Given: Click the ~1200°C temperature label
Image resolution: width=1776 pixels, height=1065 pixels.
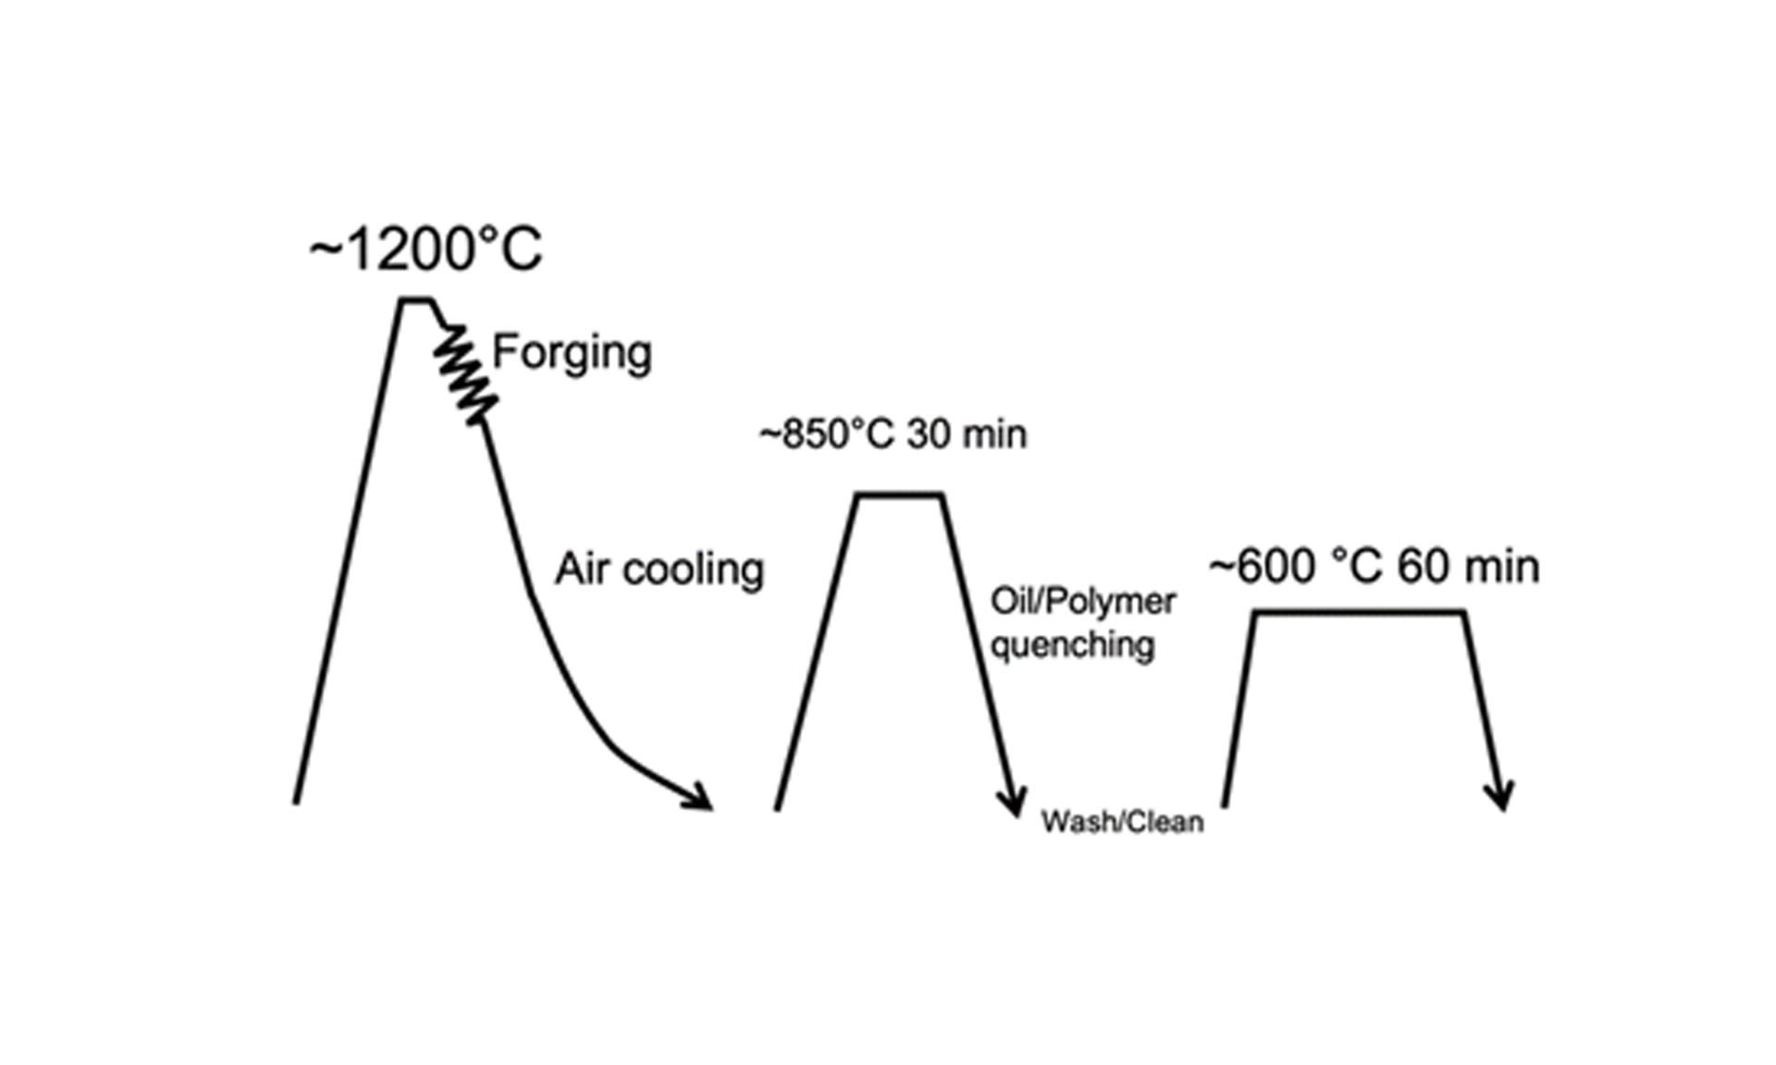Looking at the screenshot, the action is pyautogui.click(x=425, y=250).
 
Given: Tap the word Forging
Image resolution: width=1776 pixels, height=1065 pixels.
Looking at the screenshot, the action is pyautogui.click(x=572, y=353).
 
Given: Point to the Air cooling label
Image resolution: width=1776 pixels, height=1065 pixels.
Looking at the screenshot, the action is pyautogui.click(x=660, y=569).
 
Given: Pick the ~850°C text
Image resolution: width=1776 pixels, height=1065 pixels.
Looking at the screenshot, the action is pyautogui.click(x=828, y=435).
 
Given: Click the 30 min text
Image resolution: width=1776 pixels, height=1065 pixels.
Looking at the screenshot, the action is pyautogui.click(x=967, y=435).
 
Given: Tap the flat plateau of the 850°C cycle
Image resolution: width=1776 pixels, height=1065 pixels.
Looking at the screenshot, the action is pyautogui.click(x=899, y=496).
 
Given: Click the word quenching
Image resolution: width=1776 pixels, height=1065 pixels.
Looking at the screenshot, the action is pyautogui.click(x=1073, y=644).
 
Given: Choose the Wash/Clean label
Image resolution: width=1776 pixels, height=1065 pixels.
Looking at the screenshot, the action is pyautogui.click(x=1123, y=822).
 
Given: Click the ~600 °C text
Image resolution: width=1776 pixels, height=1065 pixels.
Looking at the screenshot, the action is pyautogui.click(x=1298, y=567).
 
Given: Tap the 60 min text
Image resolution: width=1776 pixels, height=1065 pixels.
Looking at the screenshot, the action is pyautogui.click(x=1469, y=567).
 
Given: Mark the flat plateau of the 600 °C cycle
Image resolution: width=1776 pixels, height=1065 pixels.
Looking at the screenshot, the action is pyautogui.click(x=1360, y=612).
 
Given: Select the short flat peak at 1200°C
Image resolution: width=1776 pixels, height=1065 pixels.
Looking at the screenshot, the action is pyautogui.click(x=416, y=300).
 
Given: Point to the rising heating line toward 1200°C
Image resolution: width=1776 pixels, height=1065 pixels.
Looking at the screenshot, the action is pyautogui.click(x=347, y=551).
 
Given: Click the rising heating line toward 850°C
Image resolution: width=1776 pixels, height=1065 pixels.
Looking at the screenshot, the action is pyautogui.click(x=817, y=654).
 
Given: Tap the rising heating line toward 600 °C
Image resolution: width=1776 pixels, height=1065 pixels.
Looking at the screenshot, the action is pyautogui.click(x=1239, y=709).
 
